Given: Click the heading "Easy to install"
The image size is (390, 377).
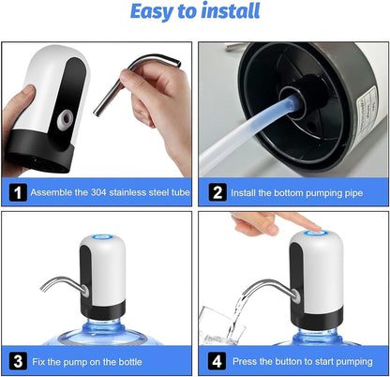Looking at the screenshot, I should [196, 13].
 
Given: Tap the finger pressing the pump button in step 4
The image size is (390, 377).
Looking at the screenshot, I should [266, 223].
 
